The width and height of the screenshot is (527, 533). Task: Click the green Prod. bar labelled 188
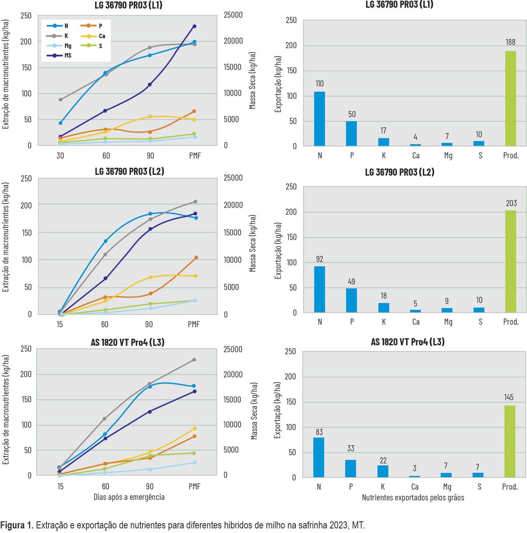coord(510,98)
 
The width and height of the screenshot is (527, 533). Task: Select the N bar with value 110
coord(320,118)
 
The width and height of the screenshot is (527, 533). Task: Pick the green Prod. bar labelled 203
coord(510,261)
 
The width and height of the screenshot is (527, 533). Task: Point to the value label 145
coord(509,397)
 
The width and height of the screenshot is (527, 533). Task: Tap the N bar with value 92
coord(320,289)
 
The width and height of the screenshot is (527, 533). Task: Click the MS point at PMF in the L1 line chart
coord(194,26)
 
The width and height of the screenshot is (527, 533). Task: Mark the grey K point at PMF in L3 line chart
coord(194,360)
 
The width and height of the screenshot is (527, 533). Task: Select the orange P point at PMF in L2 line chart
coord(196,258)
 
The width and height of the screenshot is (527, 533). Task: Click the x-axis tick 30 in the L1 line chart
coord(60,155)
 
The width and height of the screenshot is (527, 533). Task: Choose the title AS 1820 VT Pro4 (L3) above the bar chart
coord(408,342)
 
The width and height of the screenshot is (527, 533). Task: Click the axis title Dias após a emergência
coord(129,497)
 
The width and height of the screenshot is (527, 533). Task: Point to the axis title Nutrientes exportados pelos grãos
coord(413,498)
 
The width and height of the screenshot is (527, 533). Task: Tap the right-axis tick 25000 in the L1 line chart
coord(233,15)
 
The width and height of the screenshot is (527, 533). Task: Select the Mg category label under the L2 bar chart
coord(448,322)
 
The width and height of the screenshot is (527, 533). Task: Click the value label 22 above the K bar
coord(383,460)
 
